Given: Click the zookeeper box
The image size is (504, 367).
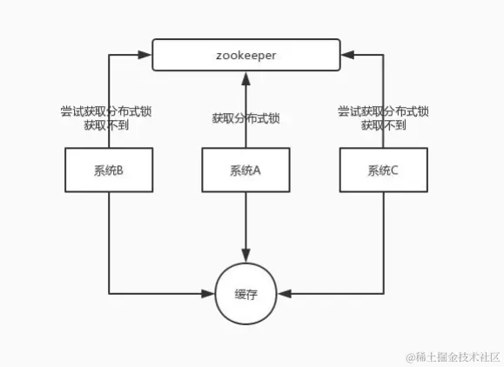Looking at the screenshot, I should click(246, 54).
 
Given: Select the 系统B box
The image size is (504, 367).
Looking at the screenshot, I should click(109, 170).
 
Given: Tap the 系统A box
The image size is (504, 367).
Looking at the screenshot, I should click(245, 170).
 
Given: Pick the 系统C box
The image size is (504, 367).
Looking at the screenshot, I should click(383, 170).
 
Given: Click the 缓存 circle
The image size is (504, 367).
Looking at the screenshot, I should click(246, 293).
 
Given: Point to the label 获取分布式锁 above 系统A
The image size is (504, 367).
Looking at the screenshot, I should click(246, 118).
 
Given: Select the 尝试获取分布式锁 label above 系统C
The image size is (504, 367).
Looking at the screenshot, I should click(383, 111).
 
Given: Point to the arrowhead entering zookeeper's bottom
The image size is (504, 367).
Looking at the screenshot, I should click(246, 77).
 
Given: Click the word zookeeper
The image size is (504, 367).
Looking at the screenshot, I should click(246, 54).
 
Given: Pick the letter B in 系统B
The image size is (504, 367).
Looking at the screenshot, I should click(120, 170).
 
